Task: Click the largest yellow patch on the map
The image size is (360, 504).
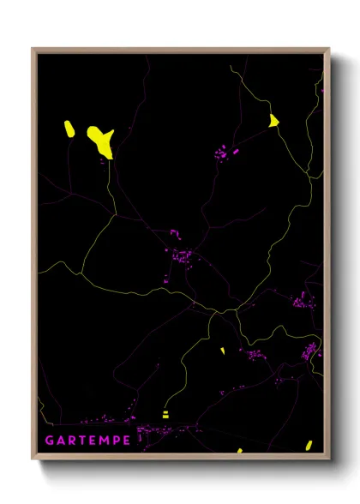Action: tap(101, 141)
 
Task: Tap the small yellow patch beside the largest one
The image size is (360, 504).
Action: tap(69, 129)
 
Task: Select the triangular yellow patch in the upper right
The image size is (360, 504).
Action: tap(273, 121)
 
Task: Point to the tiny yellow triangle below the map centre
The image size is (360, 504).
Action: tap(222, 351)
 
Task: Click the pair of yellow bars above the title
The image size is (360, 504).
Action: tap(165, 414)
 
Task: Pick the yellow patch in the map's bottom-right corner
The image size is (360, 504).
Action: tap(309, 445)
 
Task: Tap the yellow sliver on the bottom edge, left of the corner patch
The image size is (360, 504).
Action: tap(240, 450)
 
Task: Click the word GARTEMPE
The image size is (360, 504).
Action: tap(87, 441)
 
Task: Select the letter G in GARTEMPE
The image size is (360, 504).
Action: tap(49, 441)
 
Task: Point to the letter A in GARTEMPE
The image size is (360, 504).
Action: tap(61, 441)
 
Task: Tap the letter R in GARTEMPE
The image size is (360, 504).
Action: tap(72, 441)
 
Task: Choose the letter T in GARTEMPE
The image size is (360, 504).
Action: tap(82, 441)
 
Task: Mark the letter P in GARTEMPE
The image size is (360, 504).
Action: tap(116, 441)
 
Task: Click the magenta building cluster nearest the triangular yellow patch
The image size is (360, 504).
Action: tap(227, 153)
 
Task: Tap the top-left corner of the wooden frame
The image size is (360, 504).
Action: tap(33, 49)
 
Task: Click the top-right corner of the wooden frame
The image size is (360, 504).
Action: tap(330, 49)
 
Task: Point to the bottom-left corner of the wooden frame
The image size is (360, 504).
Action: tap(33, 461)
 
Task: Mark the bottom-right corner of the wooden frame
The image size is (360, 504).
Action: tap(330, 461)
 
